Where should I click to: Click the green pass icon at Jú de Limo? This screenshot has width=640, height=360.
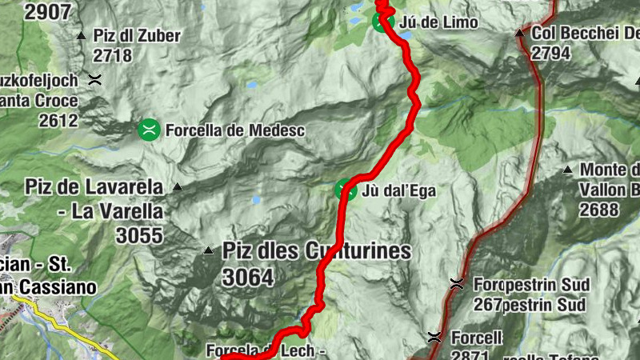coord(382,22)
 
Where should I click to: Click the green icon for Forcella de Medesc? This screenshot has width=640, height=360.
coord(149,129)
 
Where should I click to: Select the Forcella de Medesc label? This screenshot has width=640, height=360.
coord(225,130)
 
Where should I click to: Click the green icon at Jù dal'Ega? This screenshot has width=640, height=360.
coord(346,190)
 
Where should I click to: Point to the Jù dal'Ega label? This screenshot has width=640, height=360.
coord(399,190)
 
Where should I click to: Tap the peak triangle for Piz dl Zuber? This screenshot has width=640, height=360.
coord(81,35)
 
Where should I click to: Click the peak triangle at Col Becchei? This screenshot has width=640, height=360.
coord(520,34)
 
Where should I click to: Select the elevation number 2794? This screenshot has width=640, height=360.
coord(550,54)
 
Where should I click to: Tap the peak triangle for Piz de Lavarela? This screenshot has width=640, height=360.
coord(178,187)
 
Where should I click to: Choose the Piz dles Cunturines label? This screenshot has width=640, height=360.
coord(318,251)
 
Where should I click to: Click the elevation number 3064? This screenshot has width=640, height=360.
coord(249,278)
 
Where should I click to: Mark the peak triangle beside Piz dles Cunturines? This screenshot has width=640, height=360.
coord(209,250)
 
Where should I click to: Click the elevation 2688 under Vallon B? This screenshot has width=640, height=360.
coord(600,210)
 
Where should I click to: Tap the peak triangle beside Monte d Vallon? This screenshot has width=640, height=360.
coord(567,170)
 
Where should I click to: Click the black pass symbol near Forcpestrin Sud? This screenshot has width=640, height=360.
coord(457,283)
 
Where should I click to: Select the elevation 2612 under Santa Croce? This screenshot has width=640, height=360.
coord(62,121)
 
